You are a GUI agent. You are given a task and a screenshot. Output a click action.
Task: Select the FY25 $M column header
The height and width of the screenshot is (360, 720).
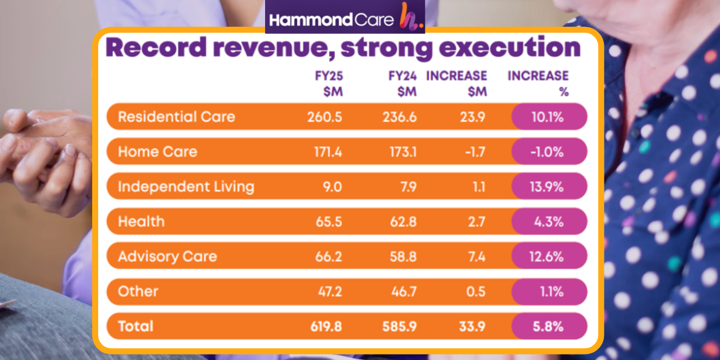click(x=329, y=83)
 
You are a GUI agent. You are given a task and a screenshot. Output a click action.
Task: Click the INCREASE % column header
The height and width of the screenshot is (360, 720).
click(x=538, y=83)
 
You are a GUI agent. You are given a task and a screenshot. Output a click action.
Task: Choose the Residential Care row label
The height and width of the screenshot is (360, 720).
click(x=176, y=117)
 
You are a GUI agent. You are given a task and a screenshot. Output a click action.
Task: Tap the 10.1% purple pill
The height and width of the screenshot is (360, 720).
click(x=549, y=117)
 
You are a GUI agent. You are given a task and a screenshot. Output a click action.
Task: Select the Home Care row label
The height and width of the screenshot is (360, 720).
click(x=158, y=152)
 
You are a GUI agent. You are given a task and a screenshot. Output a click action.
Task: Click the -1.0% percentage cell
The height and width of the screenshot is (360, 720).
click(x=549, y=152)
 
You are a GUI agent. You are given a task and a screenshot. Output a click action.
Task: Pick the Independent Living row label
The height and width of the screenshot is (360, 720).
click(x=186, y=187)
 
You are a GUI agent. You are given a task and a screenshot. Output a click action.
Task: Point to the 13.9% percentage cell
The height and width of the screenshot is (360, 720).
click(x=549, y=187)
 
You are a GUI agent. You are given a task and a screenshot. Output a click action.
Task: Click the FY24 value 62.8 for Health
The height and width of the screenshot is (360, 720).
click(x=403, y=221)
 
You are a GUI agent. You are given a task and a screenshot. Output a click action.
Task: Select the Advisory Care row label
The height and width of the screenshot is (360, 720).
click(x=167, y=256)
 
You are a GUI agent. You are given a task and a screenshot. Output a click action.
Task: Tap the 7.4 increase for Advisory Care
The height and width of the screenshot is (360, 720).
click(x=476, y=256)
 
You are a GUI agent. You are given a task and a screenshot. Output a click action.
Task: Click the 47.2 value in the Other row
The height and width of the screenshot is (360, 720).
click(x=330, y=291)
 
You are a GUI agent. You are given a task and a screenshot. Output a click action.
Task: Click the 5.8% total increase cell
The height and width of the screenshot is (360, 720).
click(x=549, y=326)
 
